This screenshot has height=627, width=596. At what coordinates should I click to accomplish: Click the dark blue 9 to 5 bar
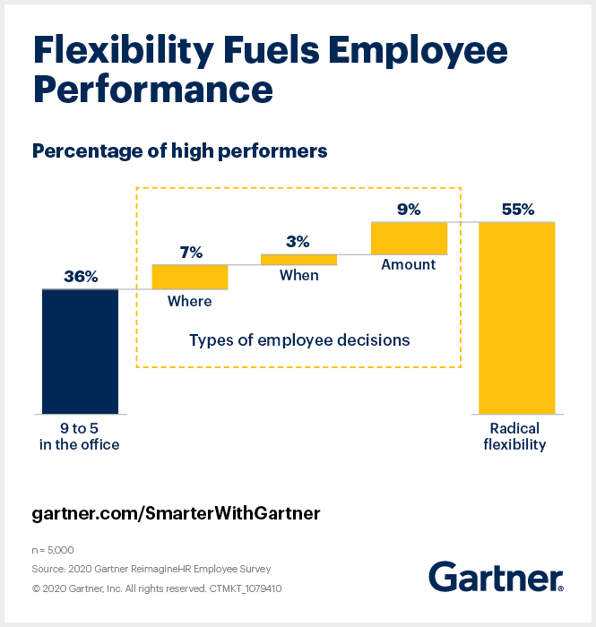(x=80, y=351)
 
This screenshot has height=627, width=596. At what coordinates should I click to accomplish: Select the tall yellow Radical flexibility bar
(x=517, y=317)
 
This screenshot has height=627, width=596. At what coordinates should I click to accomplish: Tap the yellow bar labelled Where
(x=190, y=277)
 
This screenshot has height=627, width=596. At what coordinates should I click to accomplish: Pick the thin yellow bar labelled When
(x=298, y=260)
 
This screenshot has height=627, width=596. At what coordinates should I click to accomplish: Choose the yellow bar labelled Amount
(x=409, y=237)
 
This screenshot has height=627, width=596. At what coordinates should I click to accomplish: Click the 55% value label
(x=517, y=210)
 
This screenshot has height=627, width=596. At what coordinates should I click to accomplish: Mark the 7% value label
(x=190, y=253)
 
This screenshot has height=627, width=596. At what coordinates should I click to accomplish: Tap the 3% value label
(x=298, y=241)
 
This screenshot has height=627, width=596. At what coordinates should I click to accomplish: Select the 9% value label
(x=409, y=210)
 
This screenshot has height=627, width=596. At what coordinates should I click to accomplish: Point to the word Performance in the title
(x=152, y=90)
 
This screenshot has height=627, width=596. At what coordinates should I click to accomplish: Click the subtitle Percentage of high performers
(x=179, y=150)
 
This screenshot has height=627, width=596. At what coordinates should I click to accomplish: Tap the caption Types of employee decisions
(x=299, y=339)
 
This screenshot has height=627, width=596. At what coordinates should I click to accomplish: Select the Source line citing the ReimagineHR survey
(x=151, y=568)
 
